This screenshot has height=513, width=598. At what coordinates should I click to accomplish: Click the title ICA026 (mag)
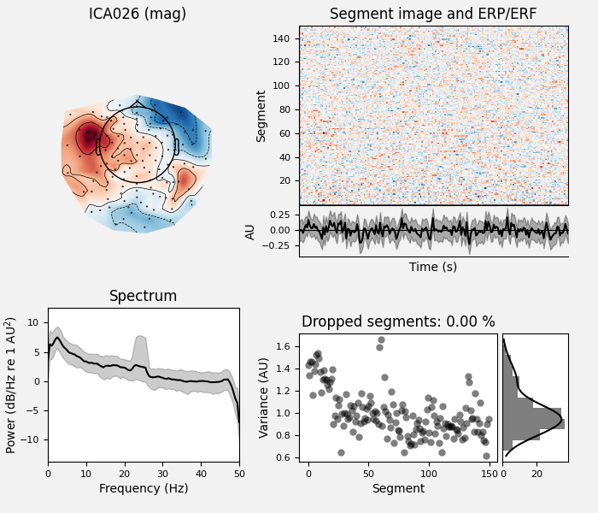pos(138,15)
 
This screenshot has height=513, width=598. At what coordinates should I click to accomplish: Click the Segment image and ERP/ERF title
pos(433,15)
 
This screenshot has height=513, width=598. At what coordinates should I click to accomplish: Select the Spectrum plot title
pos(143,297)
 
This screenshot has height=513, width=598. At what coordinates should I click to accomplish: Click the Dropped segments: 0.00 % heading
pos(398,322)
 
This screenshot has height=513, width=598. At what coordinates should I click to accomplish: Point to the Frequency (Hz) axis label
pos(143,489)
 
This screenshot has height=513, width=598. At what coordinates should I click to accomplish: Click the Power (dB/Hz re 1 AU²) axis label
pos(11,385)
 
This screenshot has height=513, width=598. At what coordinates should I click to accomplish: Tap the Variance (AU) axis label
pos(264,398)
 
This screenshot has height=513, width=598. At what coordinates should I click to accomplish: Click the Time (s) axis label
pos(433,268)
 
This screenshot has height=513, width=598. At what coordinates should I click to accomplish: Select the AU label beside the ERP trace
pos(251,231)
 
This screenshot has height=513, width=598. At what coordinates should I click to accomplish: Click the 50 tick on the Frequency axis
pos(239,472)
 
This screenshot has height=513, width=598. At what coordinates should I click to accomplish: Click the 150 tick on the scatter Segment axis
pos(489,472)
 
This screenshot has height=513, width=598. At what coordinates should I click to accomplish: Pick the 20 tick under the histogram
pos(537,472)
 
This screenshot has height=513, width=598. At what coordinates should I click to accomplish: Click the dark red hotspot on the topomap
pos(89,137)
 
